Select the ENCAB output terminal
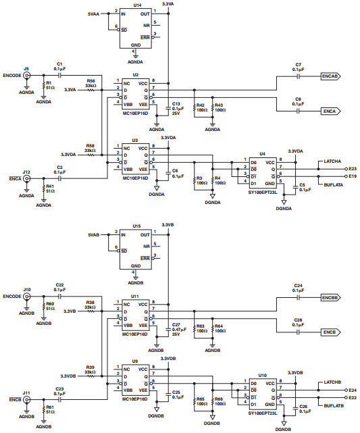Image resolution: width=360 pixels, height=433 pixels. [330, 77]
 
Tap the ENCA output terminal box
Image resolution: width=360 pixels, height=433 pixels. [330, 111]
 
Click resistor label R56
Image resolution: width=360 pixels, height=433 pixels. [91, 80]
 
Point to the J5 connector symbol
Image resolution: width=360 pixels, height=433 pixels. [27, 76]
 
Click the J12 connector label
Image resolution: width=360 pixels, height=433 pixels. [26, 172]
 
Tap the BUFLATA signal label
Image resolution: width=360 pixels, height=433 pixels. [334, 184]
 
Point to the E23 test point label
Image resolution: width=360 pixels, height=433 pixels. [353, 168]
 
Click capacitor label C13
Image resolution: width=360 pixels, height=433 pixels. [176, 103]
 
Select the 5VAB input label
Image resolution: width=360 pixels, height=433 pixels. [94, 234]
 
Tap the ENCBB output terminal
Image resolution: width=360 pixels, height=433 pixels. [330, 297]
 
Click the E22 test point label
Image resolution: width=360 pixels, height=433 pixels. [353, 397]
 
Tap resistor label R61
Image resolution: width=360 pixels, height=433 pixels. [49, 407]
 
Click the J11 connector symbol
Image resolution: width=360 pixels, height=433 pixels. [27, 400]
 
